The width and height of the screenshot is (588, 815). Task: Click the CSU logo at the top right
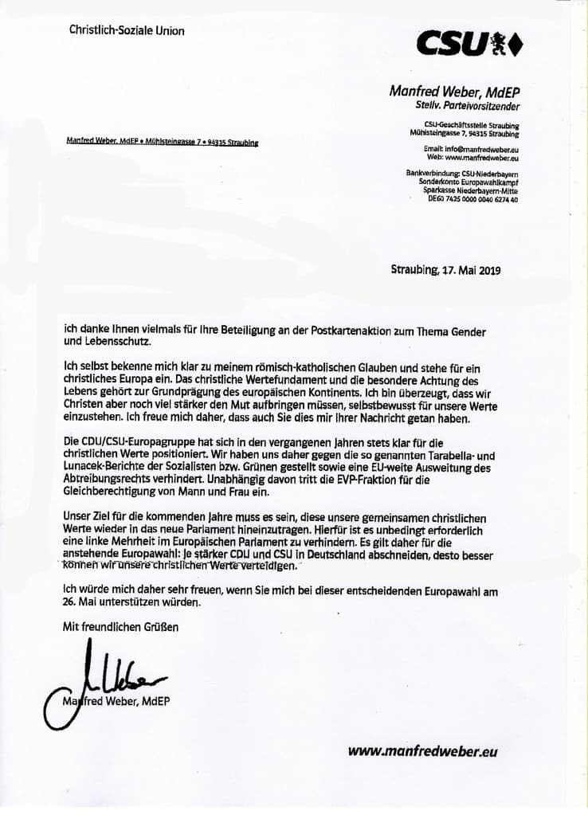tap(469, 44)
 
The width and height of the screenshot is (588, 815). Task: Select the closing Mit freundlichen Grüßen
tap(121, 627)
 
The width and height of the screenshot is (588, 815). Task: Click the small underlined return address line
tap(163, 143)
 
